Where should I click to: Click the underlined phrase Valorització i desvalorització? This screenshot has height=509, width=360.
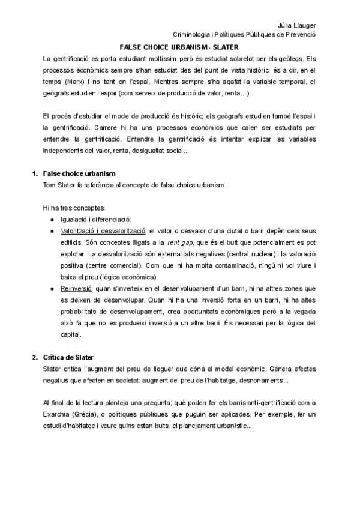pos(103,230)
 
